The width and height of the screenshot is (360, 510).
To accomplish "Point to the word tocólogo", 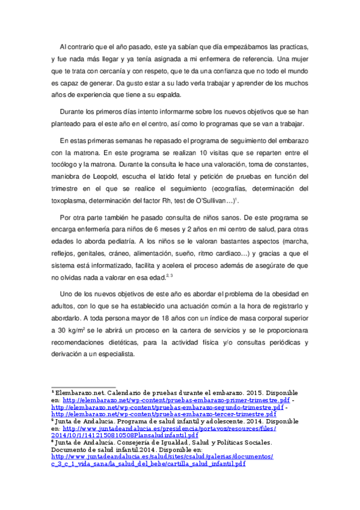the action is pyautogui.click(x=68, y=164).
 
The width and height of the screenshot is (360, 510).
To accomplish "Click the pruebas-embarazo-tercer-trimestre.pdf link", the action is pyautogui.click(x=163, y=414).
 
